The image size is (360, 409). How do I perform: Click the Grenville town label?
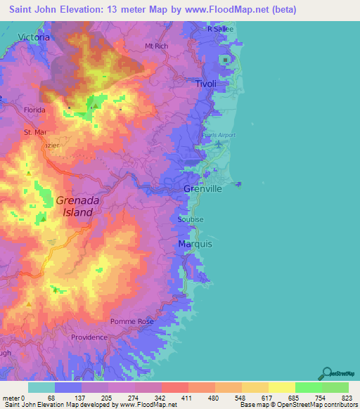click(202, 190)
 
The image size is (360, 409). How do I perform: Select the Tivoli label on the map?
click(205, 84)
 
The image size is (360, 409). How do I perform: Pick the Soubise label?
click(191, 219)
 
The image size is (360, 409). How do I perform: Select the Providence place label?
click(89, 337)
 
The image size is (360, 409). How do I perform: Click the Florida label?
click(34, 110)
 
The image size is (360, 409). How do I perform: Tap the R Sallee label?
click(219, 29)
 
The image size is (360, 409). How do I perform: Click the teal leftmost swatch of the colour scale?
click(41, 387)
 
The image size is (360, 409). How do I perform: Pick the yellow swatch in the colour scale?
click(281, 387)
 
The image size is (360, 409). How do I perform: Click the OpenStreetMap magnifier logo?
click(327, 372)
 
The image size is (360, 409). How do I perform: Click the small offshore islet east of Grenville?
click(239, 184)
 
